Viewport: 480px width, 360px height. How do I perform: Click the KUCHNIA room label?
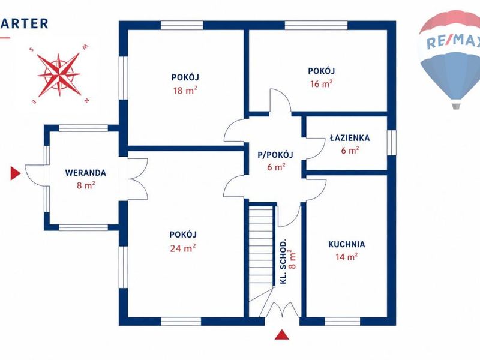[347, 244]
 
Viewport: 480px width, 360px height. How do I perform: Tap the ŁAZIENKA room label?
[350, 138]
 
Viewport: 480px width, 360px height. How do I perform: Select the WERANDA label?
[86, 173]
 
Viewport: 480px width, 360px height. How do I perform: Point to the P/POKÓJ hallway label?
[275, 155]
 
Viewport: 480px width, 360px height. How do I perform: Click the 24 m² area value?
[183, 248]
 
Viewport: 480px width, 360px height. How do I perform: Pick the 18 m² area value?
[185, 91]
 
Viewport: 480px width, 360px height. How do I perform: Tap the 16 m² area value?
[321, 83]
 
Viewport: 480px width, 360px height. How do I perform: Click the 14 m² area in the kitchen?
[347, 257]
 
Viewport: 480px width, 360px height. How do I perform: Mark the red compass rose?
[59, 74]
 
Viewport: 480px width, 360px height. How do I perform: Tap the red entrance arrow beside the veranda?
[16, 173]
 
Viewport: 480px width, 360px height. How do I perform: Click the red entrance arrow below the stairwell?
[282, 335]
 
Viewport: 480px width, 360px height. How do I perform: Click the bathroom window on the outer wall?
[392, 142]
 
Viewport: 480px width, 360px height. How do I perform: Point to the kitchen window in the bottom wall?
[343, 322]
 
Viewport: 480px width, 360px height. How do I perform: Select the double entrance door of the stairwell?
[282, 310]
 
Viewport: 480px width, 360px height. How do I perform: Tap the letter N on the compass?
[86, 100]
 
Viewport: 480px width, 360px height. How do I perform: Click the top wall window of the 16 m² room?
[317, 25]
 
